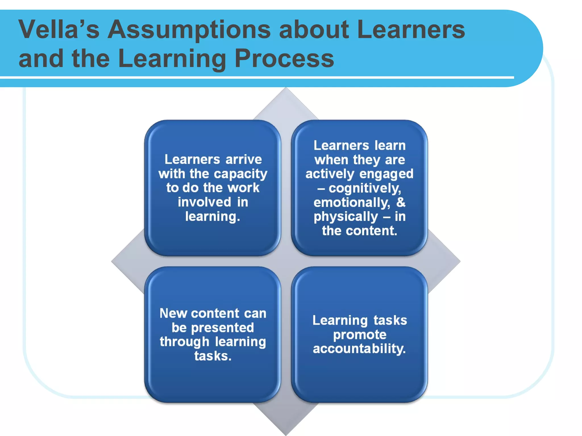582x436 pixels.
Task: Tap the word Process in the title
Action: (x=284, y=58)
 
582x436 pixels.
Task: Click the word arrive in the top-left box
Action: (x=244, y=160)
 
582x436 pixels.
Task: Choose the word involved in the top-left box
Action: (x=204, y=202)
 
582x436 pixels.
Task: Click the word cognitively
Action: (x=365, y=188)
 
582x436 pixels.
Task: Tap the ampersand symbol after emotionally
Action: (x=401, y=202)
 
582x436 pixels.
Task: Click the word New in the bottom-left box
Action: (x=173, y=313)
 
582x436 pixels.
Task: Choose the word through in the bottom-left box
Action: (x=184, y=342)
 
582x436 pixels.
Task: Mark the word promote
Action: (x=359, y=335)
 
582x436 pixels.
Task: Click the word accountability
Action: (x=359, y=349)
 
